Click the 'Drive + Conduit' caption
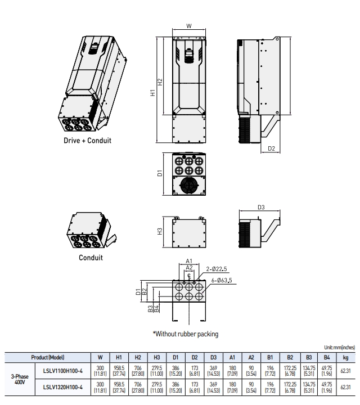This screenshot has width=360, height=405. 87,140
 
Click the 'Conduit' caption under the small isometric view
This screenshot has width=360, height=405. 91,258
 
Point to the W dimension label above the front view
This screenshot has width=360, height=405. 189,25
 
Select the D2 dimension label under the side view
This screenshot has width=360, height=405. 272,148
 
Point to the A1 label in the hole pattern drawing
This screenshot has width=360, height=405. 189,261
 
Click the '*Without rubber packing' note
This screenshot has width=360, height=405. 186,334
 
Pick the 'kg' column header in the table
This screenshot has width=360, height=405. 345,357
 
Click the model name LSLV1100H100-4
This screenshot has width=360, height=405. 63,371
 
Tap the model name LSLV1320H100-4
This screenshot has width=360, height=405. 63,386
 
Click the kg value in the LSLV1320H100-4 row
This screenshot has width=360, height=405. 345,386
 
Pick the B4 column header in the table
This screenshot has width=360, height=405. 326,357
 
